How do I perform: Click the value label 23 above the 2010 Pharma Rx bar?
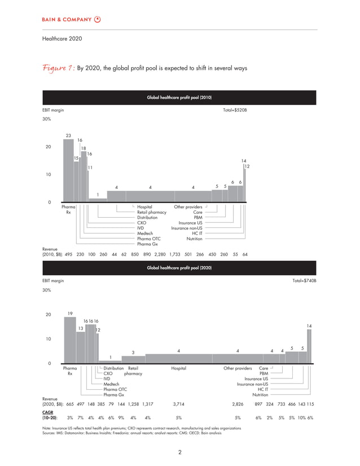[x=68, y=135]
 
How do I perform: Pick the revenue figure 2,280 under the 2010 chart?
[x=161, y=254]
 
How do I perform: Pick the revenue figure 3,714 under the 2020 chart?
[x=178, y=404]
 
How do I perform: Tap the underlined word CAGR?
[x=49, y=412]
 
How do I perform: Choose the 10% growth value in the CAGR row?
[x=301, y=417]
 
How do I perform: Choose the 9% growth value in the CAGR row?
[x=121, y=417]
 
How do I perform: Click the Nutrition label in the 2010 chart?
[x=195, y=239]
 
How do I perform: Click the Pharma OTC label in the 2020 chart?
[x=115, y=389]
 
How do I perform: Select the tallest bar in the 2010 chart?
[x=68, y=170]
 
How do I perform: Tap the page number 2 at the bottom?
[x=179, y=451]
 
